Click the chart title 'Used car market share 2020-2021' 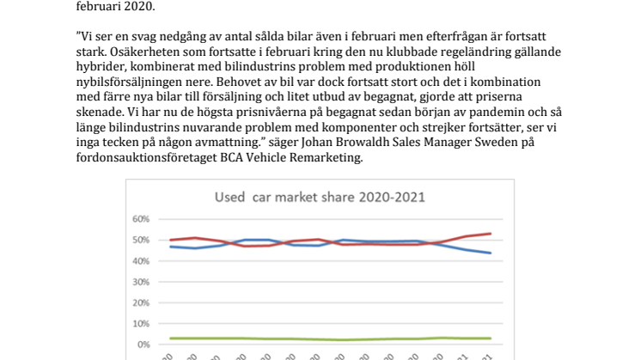click(x=320, y=198)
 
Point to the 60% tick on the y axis click(x=141, y=219)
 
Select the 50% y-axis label click(x=141, y=240)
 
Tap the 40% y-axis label click(x=141, y=261)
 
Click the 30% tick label click(x=141, y=282)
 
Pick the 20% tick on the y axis click(x=141, y=302)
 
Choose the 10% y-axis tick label click(x=141, y=324)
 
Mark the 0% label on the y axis click(x=143, y=345)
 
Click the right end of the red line click(x=490, y=234)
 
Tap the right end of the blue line click(x=490, y=253)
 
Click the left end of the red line click(x=170, y=240)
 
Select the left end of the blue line click(x=170, y=247)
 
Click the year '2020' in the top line click(x=139, y=7)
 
